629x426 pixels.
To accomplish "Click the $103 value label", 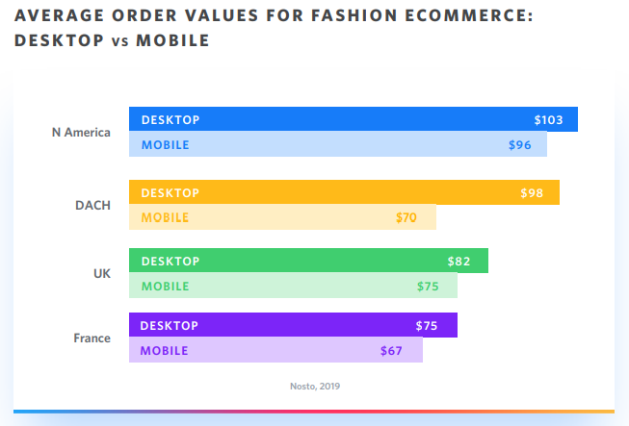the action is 548,120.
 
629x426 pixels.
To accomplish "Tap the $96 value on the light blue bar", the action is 520,145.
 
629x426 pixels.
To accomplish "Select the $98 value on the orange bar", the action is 532,193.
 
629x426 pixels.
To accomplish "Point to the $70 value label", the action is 406,217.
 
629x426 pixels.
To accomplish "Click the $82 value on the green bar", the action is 459,262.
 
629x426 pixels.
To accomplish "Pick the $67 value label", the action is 391,351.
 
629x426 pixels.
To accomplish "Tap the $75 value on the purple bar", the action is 427,326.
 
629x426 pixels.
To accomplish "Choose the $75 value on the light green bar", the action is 428,287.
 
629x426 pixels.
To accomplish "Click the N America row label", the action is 81,132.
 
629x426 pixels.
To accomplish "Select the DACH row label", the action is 92,206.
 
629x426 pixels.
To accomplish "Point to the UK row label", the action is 102,274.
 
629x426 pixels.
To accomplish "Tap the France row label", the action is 92,338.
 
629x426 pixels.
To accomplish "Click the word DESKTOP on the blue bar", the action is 170,120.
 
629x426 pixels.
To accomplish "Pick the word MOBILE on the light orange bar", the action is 165,217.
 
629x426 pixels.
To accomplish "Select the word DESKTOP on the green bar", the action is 170,262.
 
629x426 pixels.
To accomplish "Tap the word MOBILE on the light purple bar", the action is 164,351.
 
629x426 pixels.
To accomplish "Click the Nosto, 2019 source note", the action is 315,387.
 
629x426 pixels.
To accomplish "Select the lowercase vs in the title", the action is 120,41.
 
